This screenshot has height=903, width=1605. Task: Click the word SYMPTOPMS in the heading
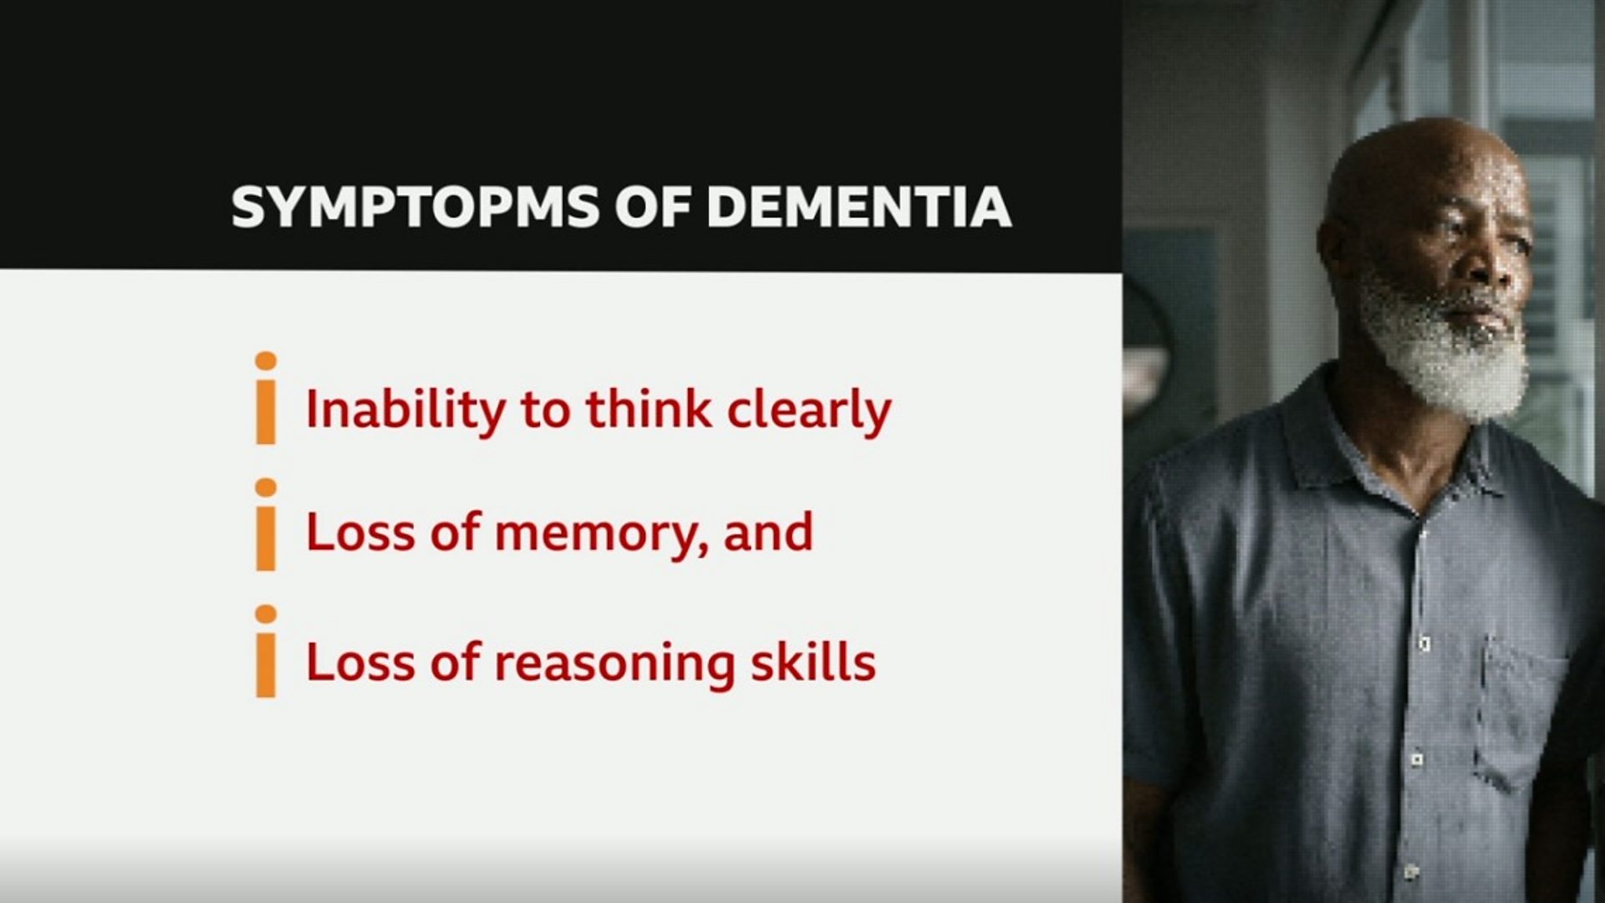(x=415, y=207)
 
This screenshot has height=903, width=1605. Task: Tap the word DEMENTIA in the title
(x=859, y=207)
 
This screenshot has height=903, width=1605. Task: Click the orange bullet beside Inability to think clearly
(x=266, y=398)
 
